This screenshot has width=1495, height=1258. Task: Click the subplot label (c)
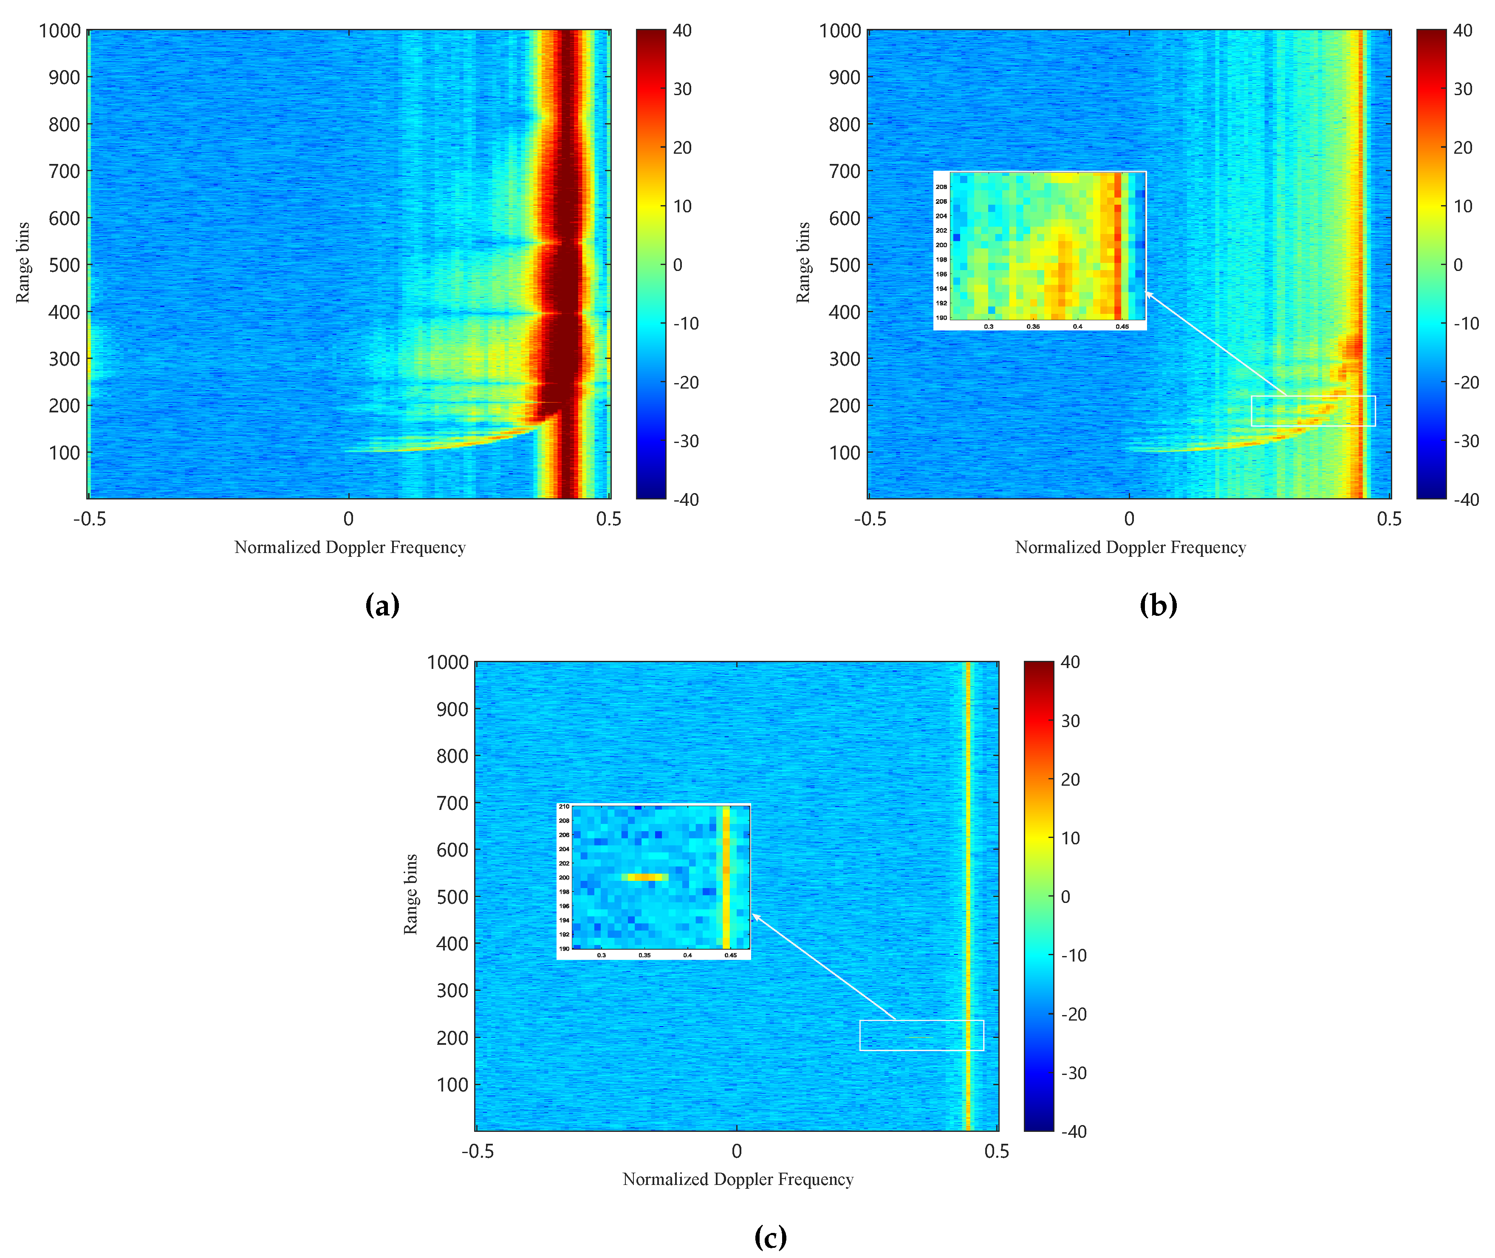coord(770,1237)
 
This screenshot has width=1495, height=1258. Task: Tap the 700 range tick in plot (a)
coord(64,171)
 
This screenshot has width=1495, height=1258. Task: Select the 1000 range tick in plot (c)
coord(447,663)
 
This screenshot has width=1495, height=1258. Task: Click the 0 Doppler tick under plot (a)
coord(348,519)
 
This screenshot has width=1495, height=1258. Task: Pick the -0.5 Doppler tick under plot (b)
coord(870,519)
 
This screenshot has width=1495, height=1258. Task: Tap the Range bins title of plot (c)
coord(410,894)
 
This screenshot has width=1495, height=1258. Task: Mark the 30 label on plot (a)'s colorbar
coord(683,89)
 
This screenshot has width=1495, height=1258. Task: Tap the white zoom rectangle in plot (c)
coord(921,1035)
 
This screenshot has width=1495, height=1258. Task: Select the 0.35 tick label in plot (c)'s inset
coord(644,955)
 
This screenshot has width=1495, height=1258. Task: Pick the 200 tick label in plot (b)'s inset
coord(941,245)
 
